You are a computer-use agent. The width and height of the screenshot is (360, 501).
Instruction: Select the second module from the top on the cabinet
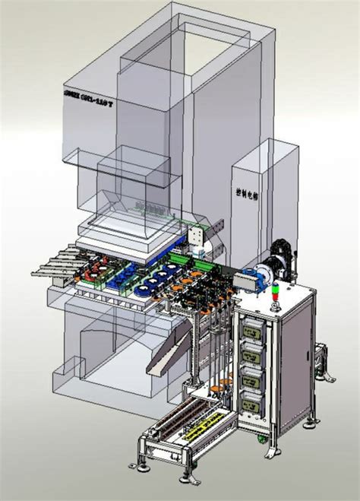(x=254, y=354)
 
